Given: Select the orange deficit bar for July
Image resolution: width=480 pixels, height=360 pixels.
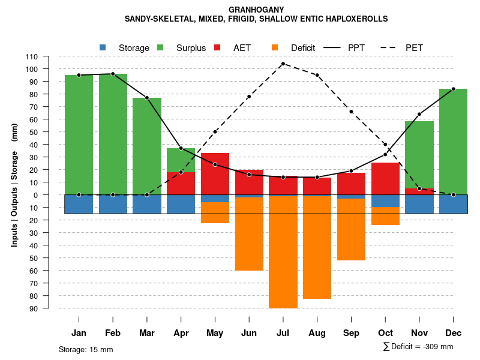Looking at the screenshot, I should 283,252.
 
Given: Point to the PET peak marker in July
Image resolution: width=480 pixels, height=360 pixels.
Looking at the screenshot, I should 283,64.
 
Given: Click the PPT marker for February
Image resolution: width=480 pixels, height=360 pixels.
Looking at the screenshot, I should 113,74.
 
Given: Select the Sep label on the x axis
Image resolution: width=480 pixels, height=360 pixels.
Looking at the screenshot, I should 351,333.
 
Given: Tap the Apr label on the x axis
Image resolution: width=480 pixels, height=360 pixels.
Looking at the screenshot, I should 181,333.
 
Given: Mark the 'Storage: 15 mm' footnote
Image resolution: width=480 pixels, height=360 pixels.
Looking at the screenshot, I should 86,349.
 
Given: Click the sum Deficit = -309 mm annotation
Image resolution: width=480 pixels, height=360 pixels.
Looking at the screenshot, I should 418,347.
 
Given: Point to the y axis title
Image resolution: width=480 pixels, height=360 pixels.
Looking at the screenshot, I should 14,185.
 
